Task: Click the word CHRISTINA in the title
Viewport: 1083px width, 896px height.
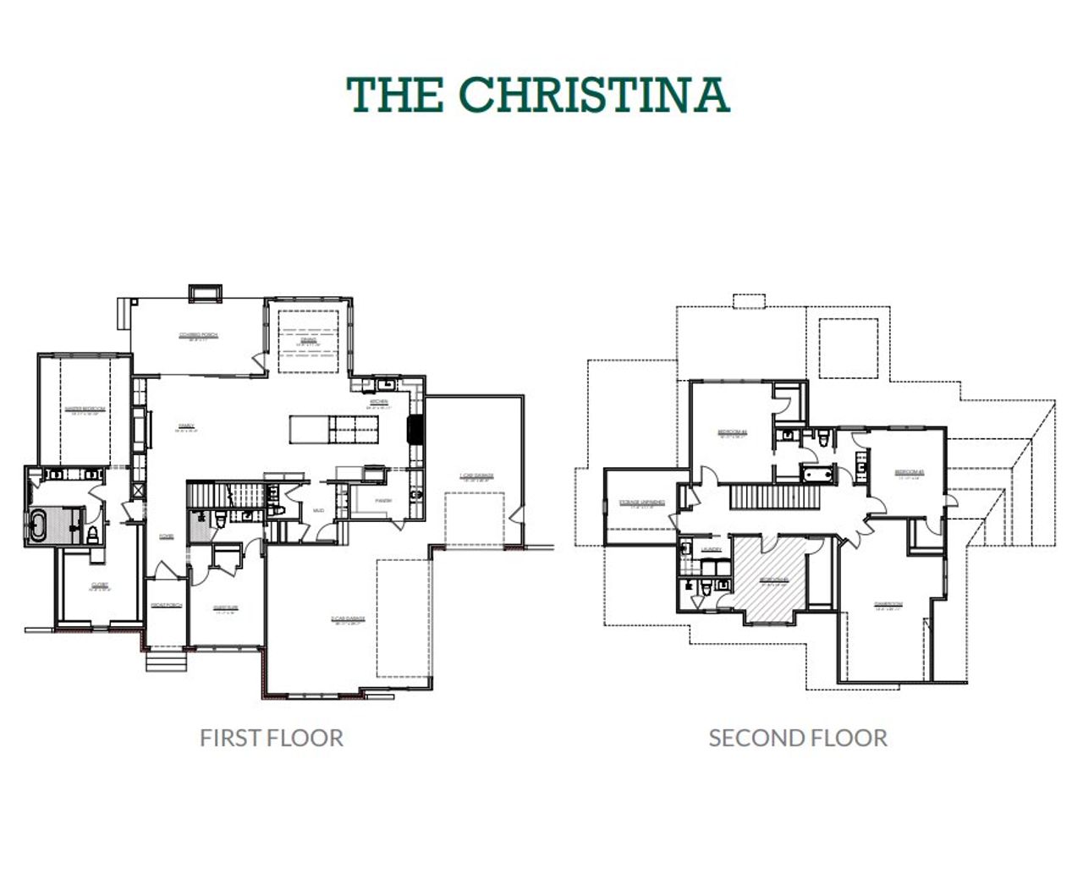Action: pos(595,94)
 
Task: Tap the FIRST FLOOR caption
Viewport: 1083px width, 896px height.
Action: pos(272,738)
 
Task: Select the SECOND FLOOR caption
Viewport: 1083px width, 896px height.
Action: pos(798,738)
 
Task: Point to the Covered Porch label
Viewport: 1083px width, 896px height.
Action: pos(198,335)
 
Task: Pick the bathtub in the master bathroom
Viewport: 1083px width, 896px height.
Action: pos(40,525)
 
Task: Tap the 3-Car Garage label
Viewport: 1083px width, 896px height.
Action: pos(348,619)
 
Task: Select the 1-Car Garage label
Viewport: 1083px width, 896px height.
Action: pos(476,475)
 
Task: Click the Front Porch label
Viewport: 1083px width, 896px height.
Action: pos(167,605)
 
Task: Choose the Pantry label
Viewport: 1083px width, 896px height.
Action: pos(382,501)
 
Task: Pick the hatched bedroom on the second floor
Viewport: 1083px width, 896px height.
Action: pos(772,580)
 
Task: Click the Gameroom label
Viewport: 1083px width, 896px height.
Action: pos(888,604)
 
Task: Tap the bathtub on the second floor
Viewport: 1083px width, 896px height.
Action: pos(816,474)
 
